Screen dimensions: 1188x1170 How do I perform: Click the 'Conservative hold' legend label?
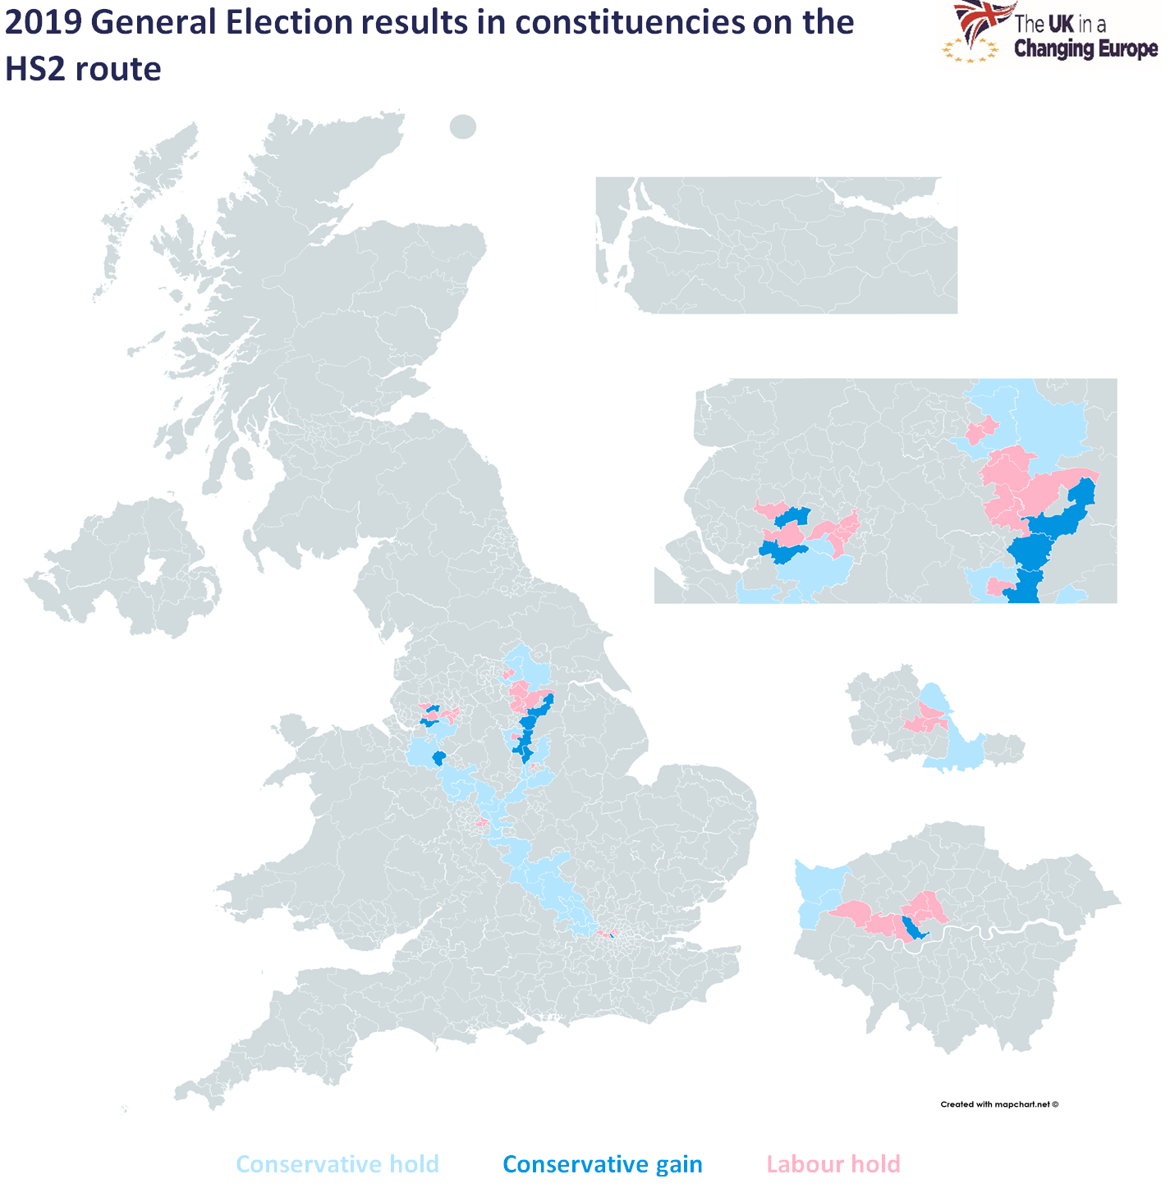point(337,1164)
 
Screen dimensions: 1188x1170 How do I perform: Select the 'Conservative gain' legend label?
point(602,1164)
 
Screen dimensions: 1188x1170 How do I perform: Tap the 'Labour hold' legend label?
point(833,1164)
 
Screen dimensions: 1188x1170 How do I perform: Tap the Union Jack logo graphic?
point(982,21)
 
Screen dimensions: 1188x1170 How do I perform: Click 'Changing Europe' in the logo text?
point(1085,49)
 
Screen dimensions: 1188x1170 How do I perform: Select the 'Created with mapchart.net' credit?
point(998,1104)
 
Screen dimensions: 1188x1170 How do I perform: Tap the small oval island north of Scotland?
point(463,126)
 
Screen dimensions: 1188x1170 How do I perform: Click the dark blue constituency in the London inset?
point(912,928)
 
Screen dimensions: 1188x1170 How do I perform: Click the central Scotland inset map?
point(776,246)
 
